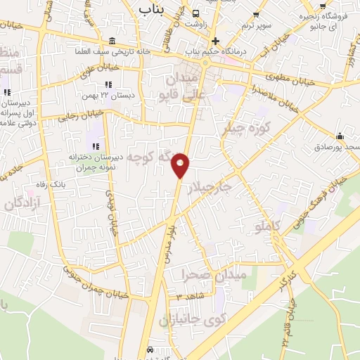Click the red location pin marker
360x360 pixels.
pyautogui.click(x=181, y=165)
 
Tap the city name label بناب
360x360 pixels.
pyautogui.click(x=155, y=8)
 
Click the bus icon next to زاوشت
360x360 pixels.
pyautogui.click(x=195, y=13)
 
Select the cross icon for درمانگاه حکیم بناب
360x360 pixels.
pyautogui.click(x=217, y=41)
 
